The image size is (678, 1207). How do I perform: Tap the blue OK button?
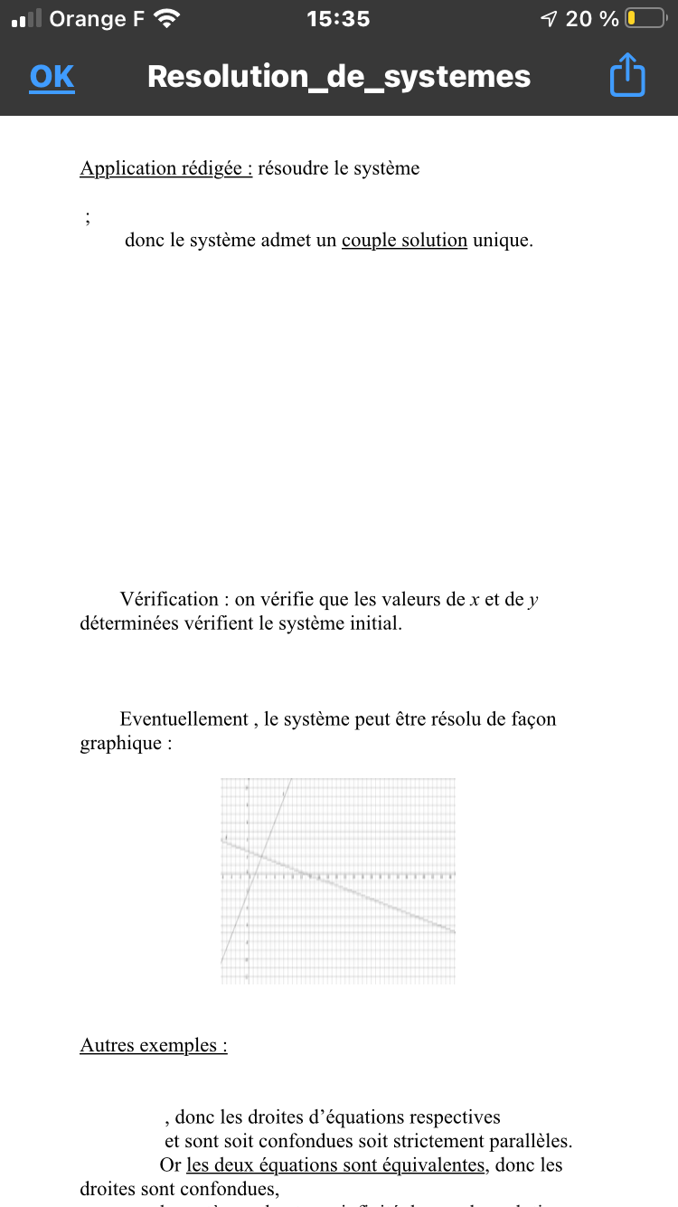pos(52,77)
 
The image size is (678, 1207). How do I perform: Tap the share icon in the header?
pos(627,75)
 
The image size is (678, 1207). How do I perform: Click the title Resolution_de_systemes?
pos(339,77)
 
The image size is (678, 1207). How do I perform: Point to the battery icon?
pos(645,18)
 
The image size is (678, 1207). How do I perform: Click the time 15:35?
pos(338,18)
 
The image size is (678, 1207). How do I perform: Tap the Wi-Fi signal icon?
pos(167,18)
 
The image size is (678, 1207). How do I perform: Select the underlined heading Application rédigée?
pos(165,168)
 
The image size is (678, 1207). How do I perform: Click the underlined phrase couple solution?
pos(404,241)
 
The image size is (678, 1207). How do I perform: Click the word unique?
pos(502,241)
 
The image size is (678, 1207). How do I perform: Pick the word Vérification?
pos(169,599)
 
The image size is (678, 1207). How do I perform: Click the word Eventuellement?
pos(184,719)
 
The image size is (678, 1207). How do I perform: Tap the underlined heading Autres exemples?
pos(153,1046)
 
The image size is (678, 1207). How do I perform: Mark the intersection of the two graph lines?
pos(259,855)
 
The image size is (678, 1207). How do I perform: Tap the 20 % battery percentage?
pos(592,18)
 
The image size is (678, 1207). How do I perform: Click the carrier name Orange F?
pos(97,18)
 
